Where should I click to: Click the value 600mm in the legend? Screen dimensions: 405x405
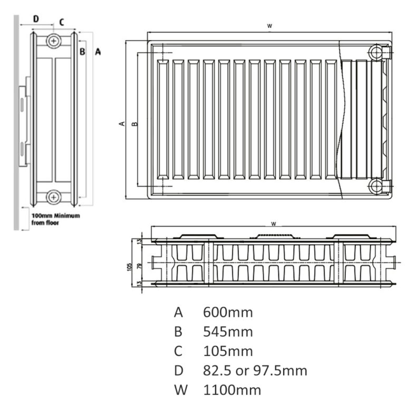pos(228,312)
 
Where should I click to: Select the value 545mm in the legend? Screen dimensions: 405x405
pos(228,332)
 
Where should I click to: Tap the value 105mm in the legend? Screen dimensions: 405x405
pos(228,351)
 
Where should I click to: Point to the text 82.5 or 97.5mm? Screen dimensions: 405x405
pos(255,371)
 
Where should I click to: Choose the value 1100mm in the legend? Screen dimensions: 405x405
pos(232,390)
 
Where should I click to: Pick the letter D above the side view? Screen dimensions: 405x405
pos(36,19)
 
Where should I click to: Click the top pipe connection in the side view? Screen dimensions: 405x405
pos(53,41)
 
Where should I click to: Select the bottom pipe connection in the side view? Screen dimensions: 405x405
pos(53,197)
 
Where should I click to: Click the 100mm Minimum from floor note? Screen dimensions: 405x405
pos(55,219)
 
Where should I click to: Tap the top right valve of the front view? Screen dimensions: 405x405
pos(377,52)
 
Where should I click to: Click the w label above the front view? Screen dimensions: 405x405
pos(269,25)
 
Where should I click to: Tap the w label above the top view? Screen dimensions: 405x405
pos(273,224)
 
